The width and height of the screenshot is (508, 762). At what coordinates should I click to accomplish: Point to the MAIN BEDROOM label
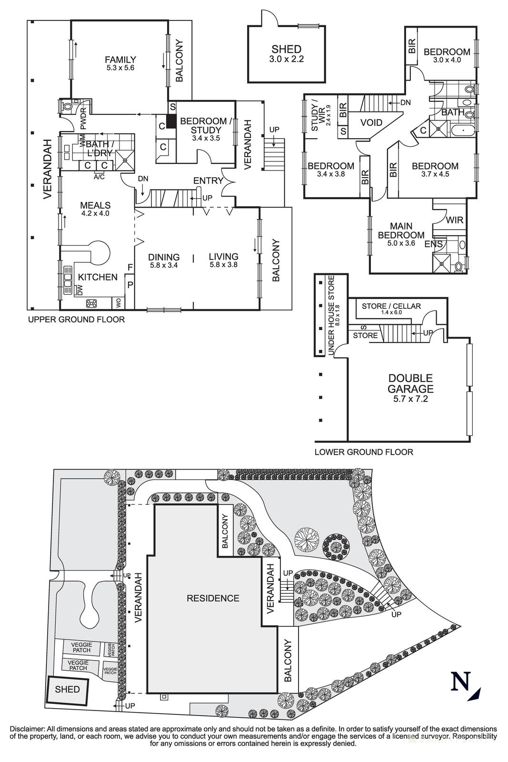(x=401, y=231)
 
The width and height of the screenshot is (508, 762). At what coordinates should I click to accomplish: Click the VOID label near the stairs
(x=371, y=122)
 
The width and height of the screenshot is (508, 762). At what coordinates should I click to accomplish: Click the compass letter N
(x=460, y=681)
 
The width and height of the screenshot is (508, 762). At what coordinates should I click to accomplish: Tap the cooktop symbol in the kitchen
(x=91, y=303)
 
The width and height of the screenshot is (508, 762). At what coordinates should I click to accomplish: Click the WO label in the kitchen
(x=117, y=302)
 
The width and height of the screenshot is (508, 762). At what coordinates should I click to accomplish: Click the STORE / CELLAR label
(x=391, y=306)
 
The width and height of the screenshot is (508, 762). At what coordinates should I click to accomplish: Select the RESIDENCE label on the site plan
(x=213, y=598)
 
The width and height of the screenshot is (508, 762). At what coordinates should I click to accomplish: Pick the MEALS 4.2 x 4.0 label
(x=95, y=209)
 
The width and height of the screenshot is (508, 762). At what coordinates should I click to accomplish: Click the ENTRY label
(x=208, y=180)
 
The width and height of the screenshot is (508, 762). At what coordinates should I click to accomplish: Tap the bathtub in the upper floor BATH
(x=460, y=130)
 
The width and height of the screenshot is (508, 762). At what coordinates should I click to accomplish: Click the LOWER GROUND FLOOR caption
(x=364, y=451)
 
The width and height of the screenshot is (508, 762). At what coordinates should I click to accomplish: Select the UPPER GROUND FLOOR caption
(x=76, y=319)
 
